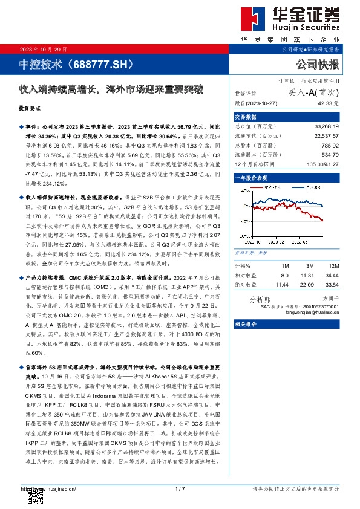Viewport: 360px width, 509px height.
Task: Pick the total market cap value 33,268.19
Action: (326, 126)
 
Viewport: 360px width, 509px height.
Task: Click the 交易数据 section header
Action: (246, 116)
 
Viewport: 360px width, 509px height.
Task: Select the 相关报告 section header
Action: (246, 324)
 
